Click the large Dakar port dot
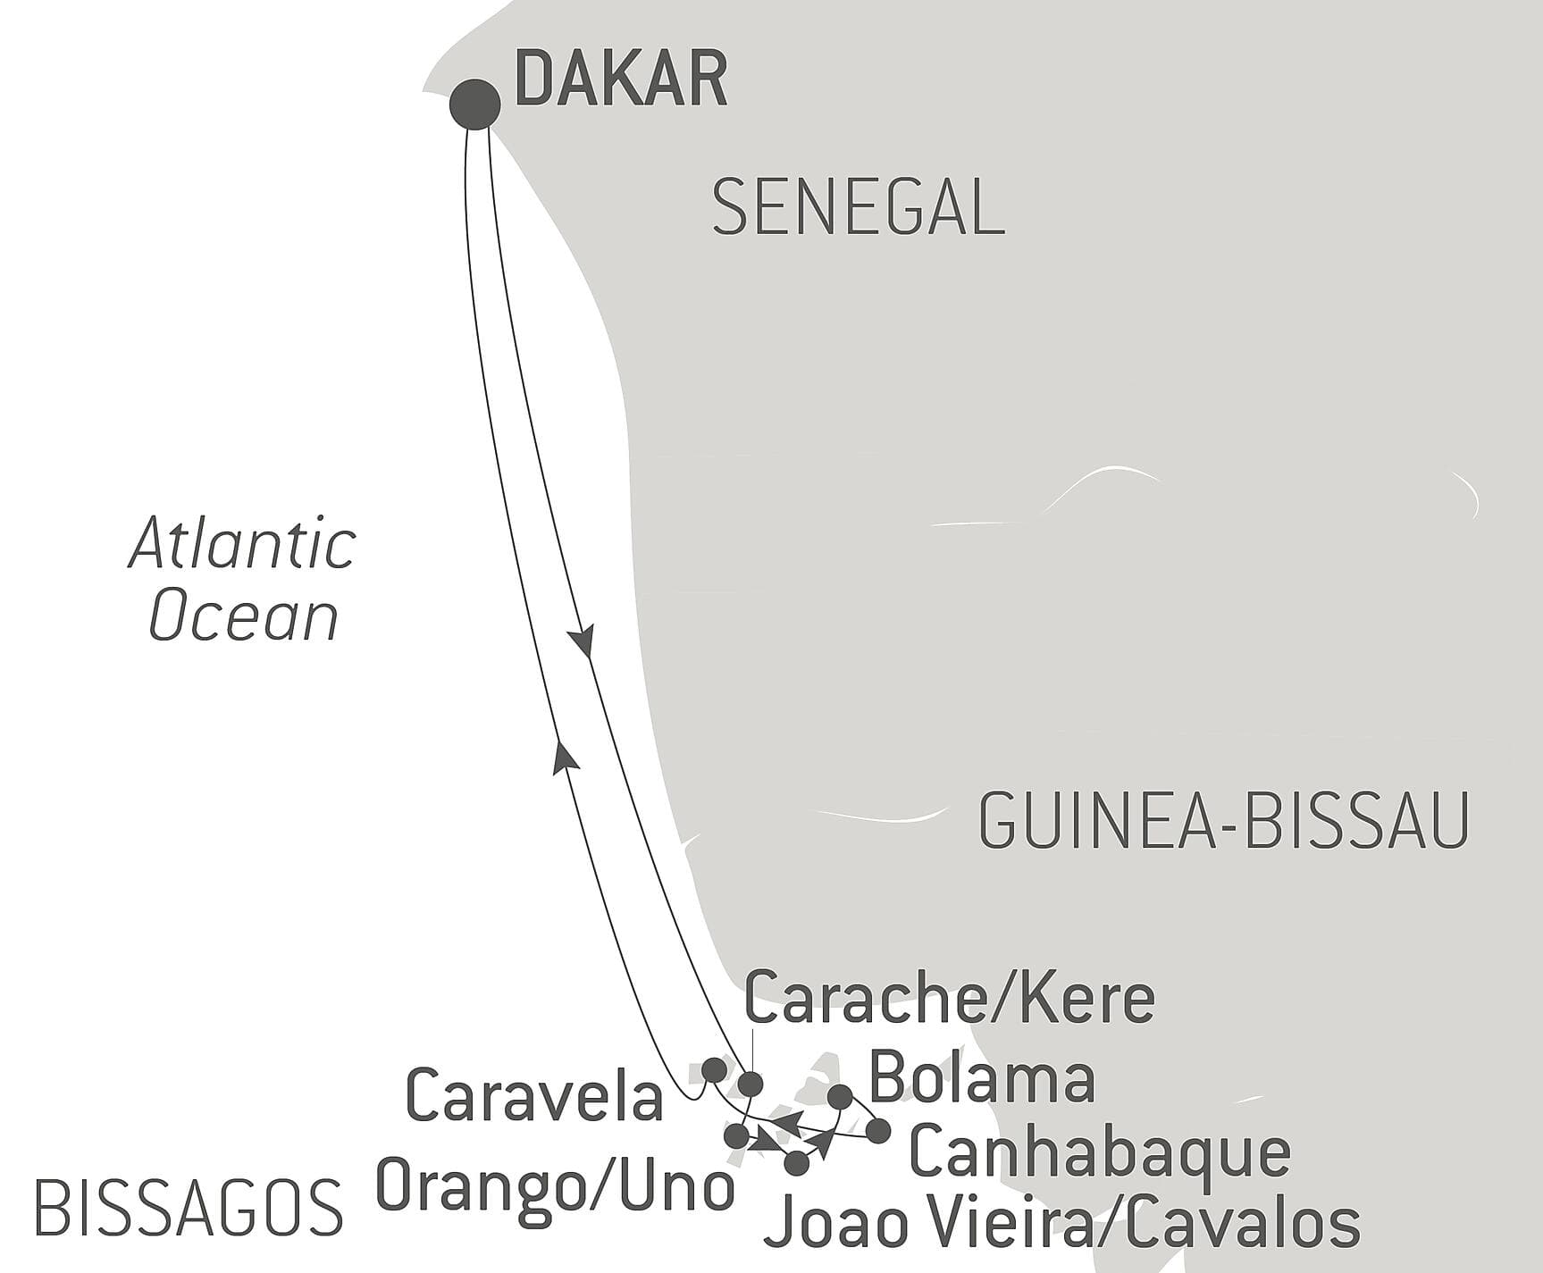(474, 105)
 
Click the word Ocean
(243, 616)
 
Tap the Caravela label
(534, 1096)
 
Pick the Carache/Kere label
(949, 998)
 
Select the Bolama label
(982, 1078)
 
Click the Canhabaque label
(1099, 1152)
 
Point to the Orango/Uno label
(555, 1188)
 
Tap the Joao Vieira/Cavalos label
(1062, 1224)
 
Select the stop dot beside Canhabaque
(879, 1131)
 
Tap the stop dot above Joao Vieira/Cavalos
(796, 1163)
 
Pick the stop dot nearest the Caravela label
(713, 1068)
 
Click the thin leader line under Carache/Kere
(751, 1050)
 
